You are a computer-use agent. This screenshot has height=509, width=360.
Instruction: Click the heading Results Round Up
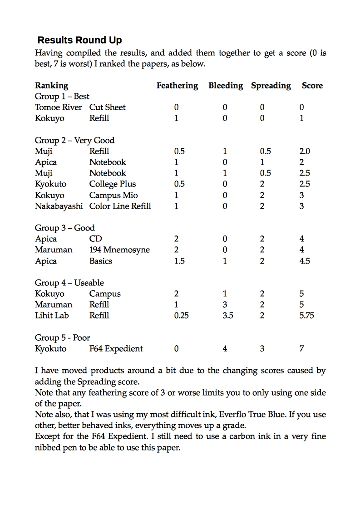pos(79,40)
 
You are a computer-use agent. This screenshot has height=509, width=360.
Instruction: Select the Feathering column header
pos(177,85)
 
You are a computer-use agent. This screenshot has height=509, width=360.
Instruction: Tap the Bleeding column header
pos(226,85)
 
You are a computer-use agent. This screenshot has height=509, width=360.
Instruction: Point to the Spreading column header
pos(271,85)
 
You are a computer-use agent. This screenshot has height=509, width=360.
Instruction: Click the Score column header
pos(312,85)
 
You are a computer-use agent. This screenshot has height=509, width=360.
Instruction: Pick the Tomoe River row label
pos(59,107)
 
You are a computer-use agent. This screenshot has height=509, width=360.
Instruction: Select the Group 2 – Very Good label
pos(74,140)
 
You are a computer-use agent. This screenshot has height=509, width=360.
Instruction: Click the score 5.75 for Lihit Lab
pos(306,315)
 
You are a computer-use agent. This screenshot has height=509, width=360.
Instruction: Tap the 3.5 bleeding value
pos(228,315)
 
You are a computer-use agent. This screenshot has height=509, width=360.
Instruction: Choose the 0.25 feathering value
pos(181,315)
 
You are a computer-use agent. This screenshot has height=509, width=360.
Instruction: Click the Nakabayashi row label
pos(59,206)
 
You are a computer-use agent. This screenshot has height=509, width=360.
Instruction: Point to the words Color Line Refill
pos(120,206)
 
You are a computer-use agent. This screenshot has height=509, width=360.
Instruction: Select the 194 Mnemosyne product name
pos(119,250)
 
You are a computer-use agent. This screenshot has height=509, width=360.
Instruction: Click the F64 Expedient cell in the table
pos(116,348)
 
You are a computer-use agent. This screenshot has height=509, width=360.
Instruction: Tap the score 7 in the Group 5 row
pos(302,348)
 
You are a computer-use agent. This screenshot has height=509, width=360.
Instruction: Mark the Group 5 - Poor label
pos(62,338)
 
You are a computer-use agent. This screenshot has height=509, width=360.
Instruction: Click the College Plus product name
pos(113,184)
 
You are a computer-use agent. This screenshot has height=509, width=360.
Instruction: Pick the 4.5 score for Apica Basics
pos(305,261)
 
